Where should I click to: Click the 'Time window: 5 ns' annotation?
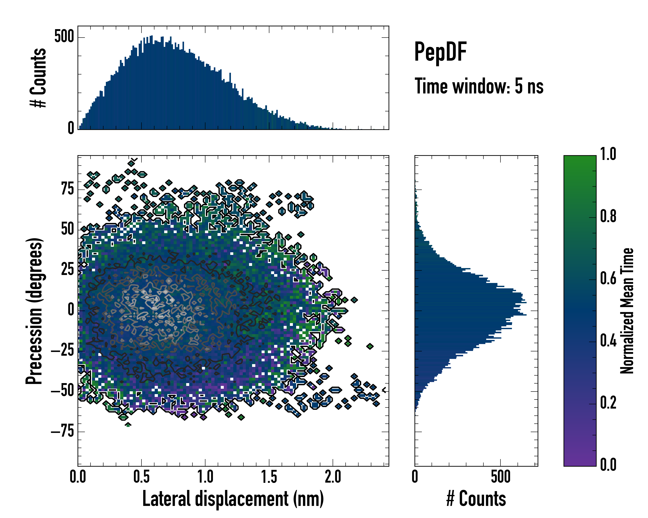pyautogui.click(x=479, y=86)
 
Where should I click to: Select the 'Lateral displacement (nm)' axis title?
pyautogui.click(x=233, y=499)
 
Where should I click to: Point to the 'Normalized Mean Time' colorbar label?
pyautogui.click(x=627, y=311)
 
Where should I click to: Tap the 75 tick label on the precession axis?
pyautogui.click(x=68, y=189)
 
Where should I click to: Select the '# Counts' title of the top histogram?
pyautogui.click(x=38, y=78)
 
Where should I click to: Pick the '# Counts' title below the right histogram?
pyautogui.click(x=476, y=499)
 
